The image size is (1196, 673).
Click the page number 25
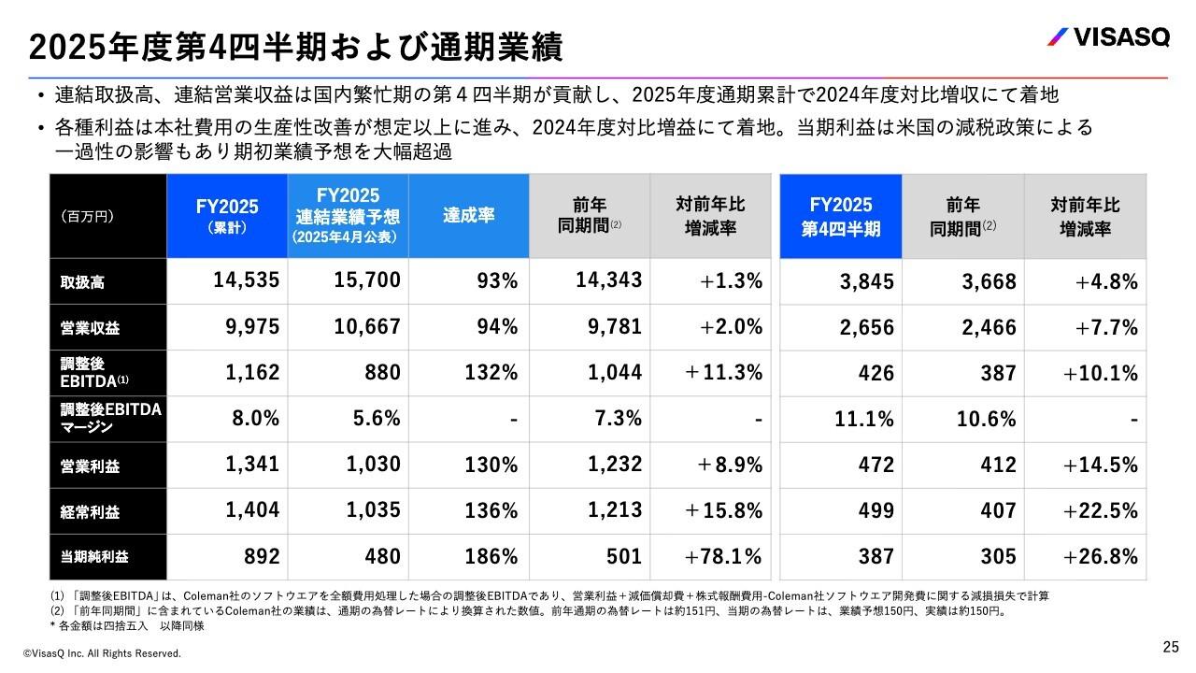click(x=1171, y=646)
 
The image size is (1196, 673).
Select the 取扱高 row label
click(x=84, y=282)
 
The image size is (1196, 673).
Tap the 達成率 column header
click(x=468, y=215)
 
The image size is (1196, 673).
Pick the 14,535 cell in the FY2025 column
click(x=239, y=279)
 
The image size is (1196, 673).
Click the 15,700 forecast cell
click(x=367, y=279)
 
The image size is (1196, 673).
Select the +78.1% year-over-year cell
click(x=723, y=557)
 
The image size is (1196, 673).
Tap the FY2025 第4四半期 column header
click(x=840, y=216)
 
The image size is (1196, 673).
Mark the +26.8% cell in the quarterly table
click(x=1100, y=557)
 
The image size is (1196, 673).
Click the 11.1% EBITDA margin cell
click(x=863, y=420)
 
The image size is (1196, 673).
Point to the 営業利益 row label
click(x=84, y=465)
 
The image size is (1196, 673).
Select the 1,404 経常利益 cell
click(x=251, y=509)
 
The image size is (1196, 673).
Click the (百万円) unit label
click(x=87, y=217)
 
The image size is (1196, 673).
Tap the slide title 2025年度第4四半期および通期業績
click(x=296, y=45)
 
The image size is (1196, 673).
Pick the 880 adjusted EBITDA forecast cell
click(x=381, y=373)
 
